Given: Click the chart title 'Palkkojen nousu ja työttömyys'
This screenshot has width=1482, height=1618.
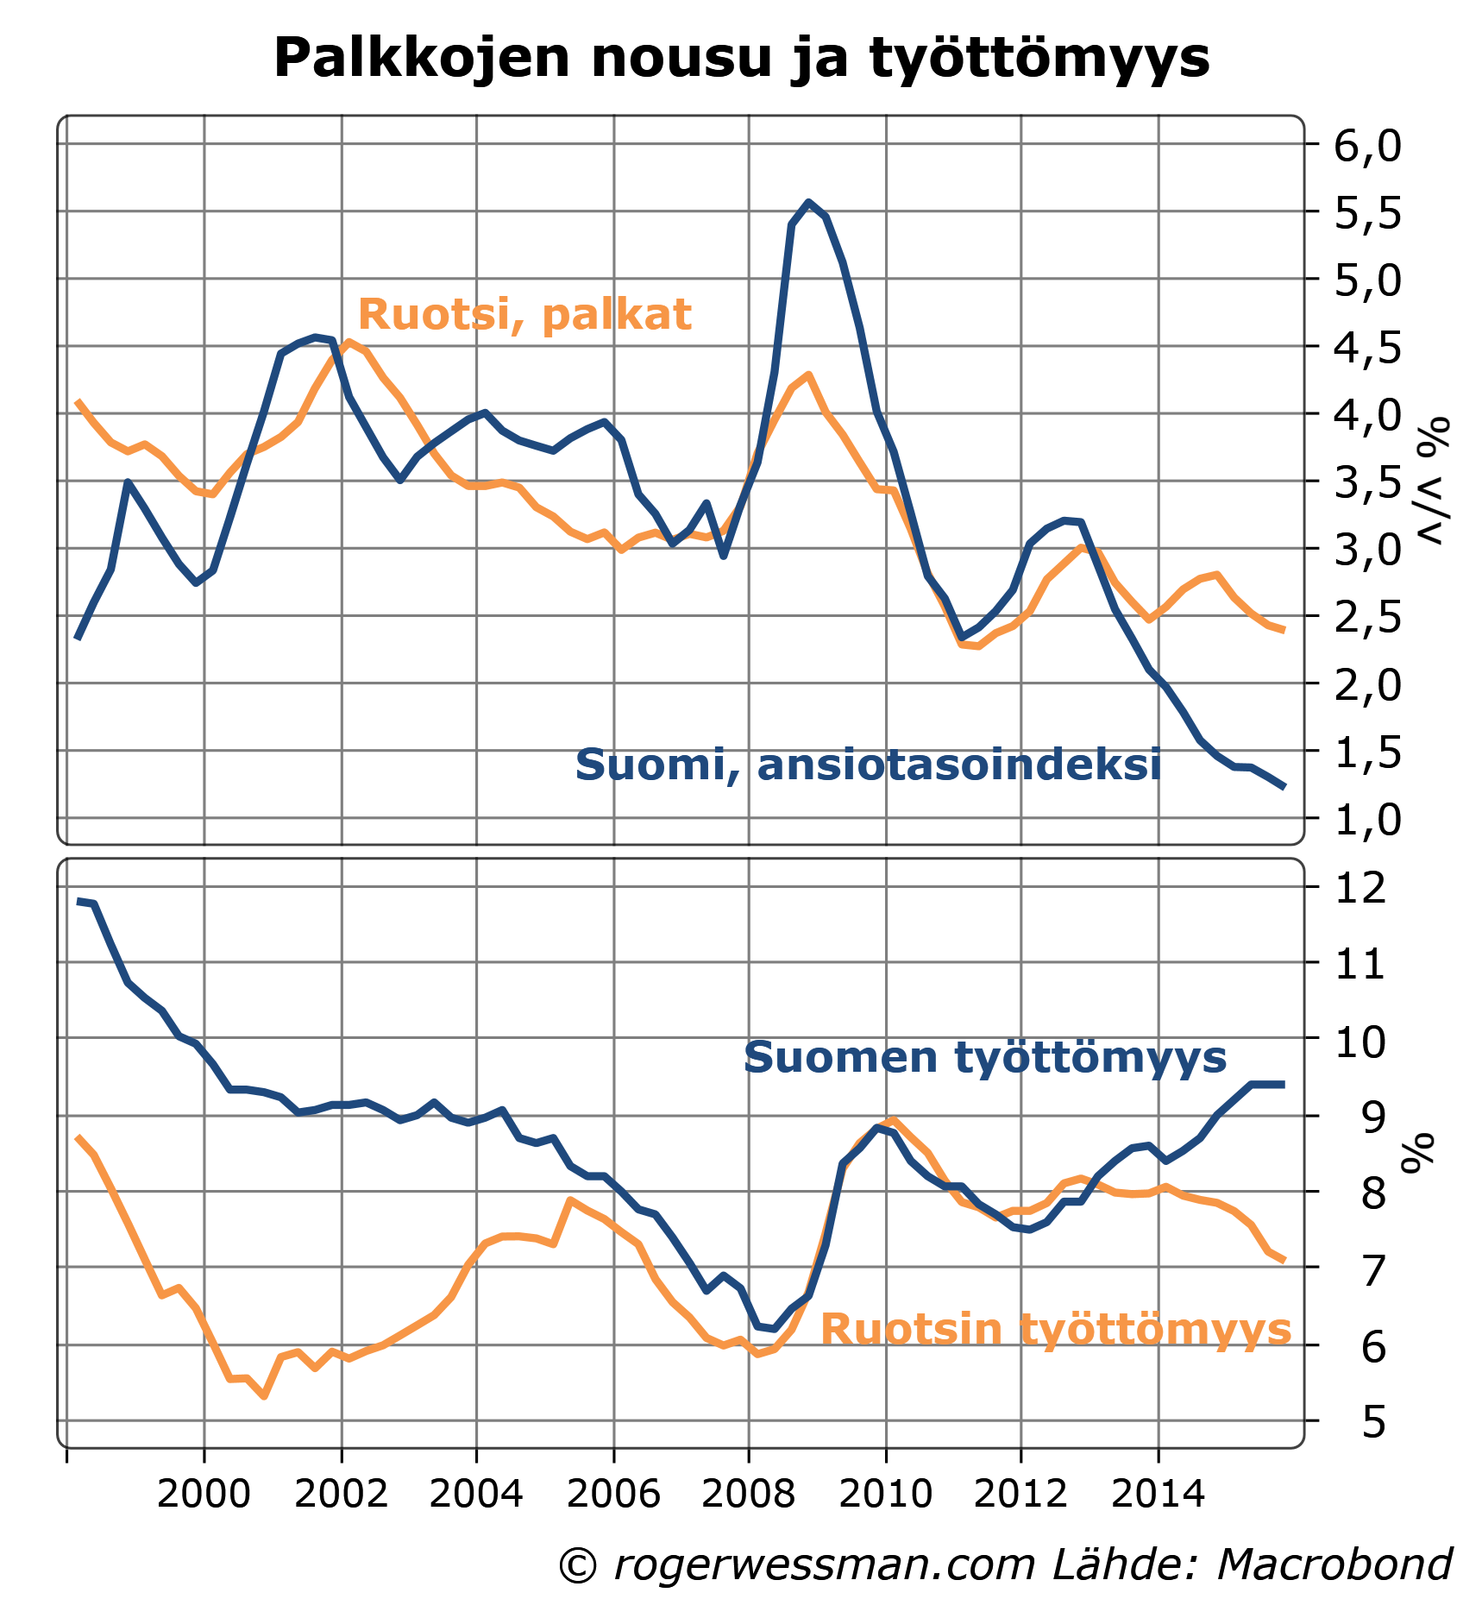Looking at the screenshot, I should click(x=741, y=59).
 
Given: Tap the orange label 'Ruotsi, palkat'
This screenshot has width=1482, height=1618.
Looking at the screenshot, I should click(x=524, y=315).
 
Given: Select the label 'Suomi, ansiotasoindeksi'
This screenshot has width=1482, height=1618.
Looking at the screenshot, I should click(x=868, y=765).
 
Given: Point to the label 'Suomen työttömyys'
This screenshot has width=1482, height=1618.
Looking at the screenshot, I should click(x=984, y=1057).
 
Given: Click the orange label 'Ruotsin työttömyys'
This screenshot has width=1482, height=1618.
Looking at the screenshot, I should click(x=1055, y=1330).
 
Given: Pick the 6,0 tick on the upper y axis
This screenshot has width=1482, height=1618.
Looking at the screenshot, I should click(x=1368, y=146).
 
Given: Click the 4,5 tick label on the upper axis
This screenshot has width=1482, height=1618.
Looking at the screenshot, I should click(x=1368, y=348).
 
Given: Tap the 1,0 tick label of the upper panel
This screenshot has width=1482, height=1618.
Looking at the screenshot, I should click(x=1368, y=820).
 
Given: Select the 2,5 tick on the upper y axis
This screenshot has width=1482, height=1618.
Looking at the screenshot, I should click(x=1368, y=618).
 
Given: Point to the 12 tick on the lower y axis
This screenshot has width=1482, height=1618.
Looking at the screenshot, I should click(x=1360, y=889).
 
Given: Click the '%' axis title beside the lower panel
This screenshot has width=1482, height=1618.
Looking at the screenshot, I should click(x=1420, y=1153).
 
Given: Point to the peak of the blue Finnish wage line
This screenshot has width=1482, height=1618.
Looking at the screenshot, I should click(x=808, y=203).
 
